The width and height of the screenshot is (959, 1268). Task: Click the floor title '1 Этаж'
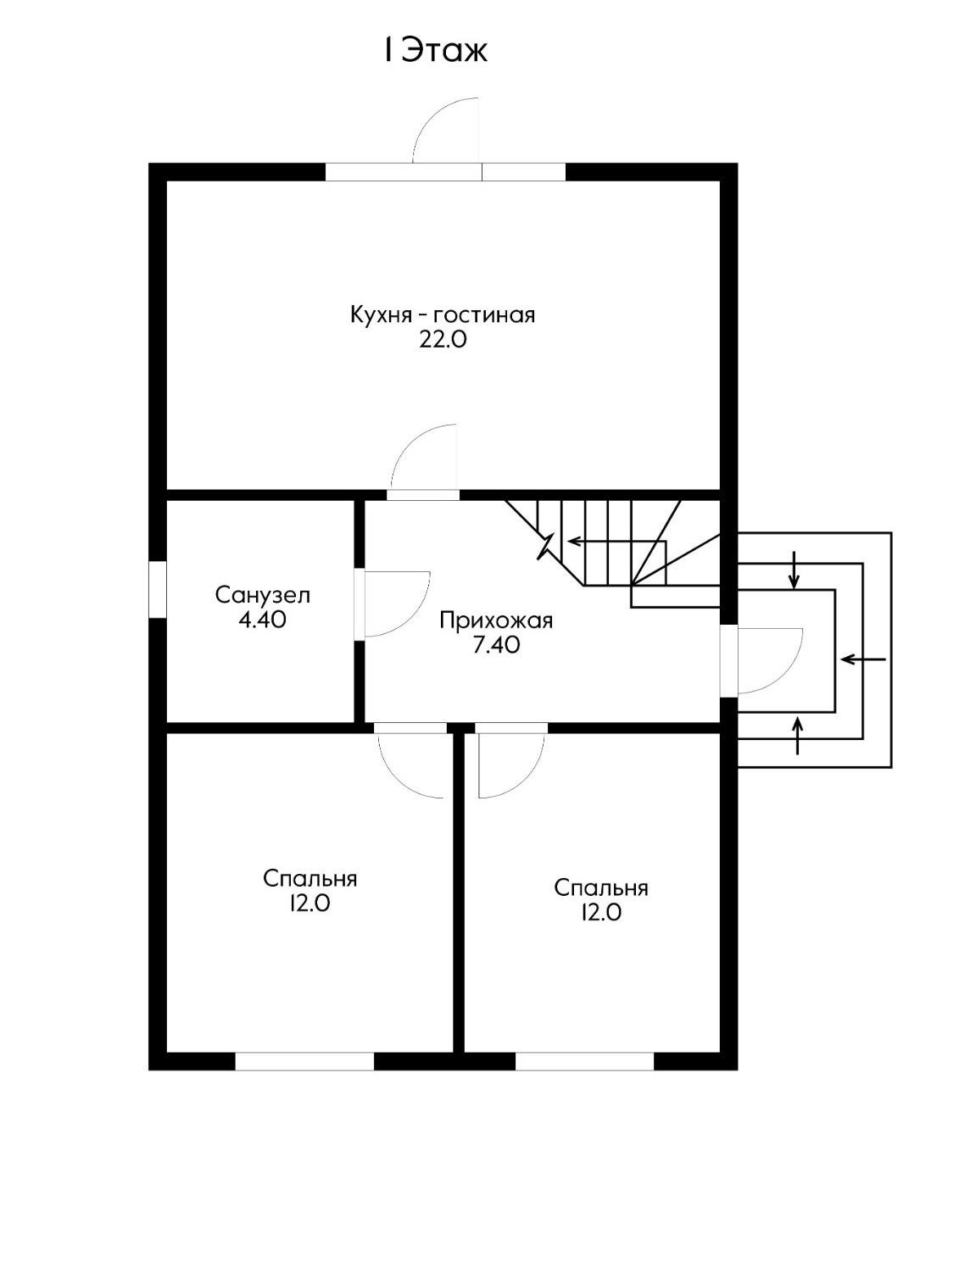(x=435, y=50)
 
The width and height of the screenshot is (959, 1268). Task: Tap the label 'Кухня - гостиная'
(x=443, y=315)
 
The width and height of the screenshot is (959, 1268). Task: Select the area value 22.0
(x=443, y=340)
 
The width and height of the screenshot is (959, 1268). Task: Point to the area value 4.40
(x=262, y=620)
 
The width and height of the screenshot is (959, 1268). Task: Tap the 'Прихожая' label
(x=496, y=620)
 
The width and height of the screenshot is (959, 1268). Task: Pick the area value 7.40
(x=496, y=645)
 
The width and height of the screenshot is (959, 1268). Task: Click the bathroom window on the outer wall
(x=157, y=588)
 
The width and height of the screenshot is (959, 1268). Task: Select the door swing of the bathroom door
(x=398, y=603)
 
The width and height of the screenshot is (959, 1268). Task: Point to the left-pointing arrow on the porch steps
(x=863, y=659)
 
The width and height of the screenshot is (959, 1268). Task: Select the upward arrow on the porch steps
(x=798, y=735)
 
